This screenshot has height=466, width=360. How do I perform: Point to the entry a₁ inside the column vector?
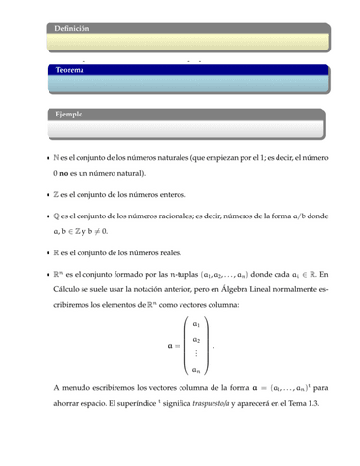197,323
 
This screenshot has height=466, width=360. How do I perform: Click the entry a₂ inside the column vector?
197,339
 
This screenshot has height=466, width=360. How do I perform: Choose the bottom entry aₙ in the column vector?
197,369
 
